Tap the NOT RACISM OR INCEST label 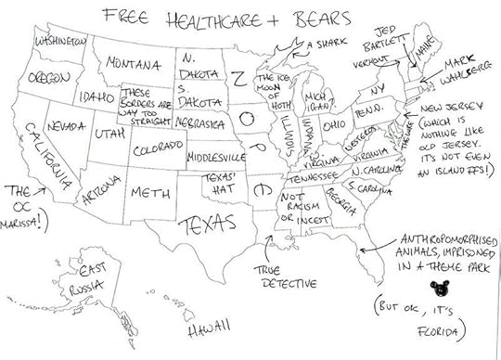coord(294,209)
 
